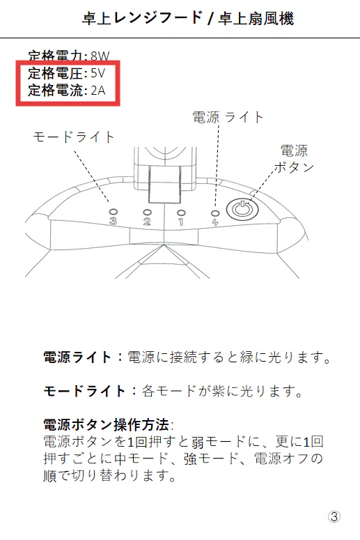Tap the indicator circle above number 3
pyautogui.click(x=113, y=212)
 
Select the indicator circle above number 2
pyautogui.click(x=147, y=213)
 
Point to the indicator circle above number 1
pyautogui.click(x=180, y=213)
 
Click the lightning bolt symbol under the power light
pyautogui.click(x=215, y=222)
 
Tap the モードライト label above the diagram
pyautogui.click(x=73, y=137)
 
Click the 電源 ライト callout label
pyautogui.click(x=228, y=117)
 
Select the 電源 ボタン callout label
pyautogui.click(x=295, y=159)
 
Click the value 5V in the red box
pyautogui.click(x=98, y=73)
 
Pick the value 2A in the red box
pyautogui.click(x=98, y=91)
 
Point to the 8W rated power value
pyautogui.click(x=100, y=56)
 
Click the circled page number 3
pyautogui.click(x=334, y=516)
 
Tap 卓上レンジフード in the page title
pyautogui.click(x=142, y=18)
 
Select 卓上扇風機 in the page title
pyautogui.click(x=256, y=18)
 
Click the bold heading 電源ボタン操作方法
pyautogui.click(x=106, y=424)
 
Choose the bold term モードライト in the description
pyautogui.click(x=84, y=391)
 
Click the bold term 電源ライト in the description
pyautogui.click(x=77, y=357)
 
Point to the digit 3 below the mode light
pyautogui.click(x=113, y=221)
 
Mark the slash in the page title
pyautogui.click(x=210, y=18)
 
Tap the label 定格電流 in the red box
pyautogui.click(x=56, y=91)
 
